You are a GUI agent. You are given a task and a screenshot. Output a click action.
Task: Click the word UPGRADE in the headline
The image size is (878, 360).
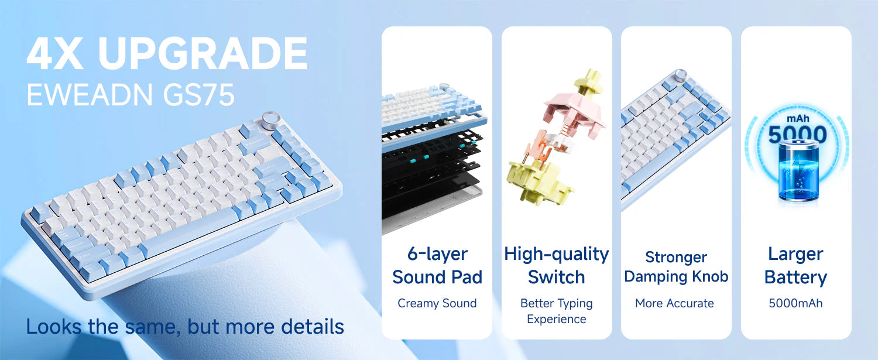pos(203,54)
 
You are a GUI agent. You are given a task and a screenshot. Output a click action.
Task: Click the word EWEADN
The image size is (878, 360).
pos(88,94)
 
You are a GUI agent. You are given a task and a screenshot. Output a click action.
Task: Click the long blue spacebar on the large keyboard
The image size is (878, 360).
pos(187,233)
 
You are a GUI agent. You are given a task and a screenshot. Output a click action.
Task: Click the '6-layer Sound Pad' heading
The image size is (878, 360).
pos(437,265)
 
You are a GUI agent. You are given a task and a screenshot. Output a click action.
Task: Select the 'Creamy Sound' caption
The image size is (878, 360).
pos(437,303)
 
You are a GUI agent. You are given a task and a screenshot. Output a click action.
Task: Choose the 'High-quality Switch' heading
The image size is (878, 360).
pos(557,265)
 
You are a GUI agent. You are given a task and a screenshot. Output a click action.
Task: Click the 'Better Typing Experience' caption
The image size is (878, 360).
pos(557,311)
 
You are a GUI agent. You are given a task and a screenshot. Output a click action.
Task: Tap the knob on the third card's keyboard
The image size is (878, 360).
pos(681,76)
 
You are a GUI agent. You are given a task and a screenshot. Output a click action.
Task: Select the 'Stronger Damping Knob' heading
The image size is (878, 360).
pos(676,267)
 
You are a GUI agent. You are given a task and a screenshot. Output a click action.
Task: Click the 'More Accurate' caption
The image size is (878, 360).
pos(675,303)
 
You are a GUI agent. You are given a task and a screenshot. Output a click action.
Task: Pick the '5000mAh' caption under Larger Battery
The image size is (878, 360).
pos(795,303)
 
